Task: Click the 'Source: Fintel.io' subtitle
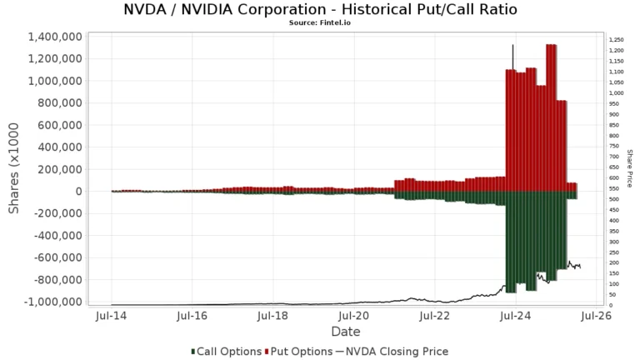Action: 320,24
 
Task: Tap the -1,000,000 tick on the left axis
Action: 48,302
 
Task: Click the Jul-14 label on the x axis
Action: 112,317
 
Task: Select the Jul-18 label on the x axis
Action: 273,317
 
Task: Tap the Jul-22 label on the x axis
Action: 434,317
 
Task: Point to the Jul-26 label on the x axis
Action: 595,317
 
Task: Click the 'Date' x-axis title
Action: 345,332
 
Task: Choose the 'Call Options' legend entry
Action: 227,352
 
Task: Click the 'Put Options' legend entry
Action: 298,352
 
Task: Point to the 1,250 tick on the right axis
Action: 616,40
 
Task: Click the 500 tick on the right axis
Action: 613,199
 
